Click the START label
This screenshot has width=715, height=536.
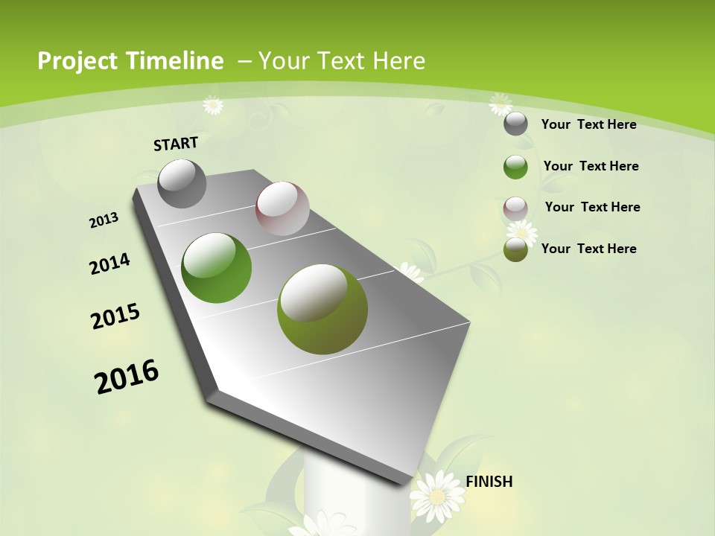click(x=176, y=144)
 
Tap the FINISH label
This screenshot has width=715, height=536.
click(x=489, y=482)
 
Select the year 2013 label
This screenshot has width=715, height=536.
click(x=104, y=220)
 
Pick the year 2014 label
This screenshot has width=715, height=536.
click(x=109, y=264)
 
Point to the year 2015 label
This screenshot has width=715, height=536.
click(x=115, y=316)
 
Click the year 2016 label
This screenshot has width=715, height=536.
click(x=127, y=377)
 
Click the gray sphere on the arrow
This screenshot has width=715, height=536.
click(x=182, y=184)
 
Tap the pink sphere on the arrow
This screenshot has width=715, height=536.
click(x=282, y=208)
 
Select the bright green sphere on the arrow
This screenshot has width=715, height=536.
click(x=217, y=268)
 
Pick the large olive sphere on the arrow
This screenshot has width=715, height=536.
click(x=322, y=309)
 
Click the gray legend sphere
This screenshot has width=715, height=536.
click(x=515, y=124)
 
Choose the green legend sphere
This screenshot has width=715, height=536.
click(x=515, y=167)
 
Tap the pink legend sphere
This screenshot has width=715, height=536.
click(x=515, y=208)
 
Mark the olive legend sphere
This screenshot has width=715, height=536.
click(x=515, y=249)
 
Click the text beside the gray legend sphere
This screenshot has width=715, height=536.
click(x=588, y=124)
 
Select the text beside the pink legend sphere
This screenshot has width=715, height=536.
click(x=592, y=207)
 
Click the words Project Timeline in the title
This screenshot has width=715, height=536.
click(x=130, y=61)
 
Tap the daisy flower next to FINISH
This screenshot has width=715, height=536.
click(x=438, y=494)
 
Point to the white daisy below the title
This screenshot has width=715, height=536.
click(x=213, y=105)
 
